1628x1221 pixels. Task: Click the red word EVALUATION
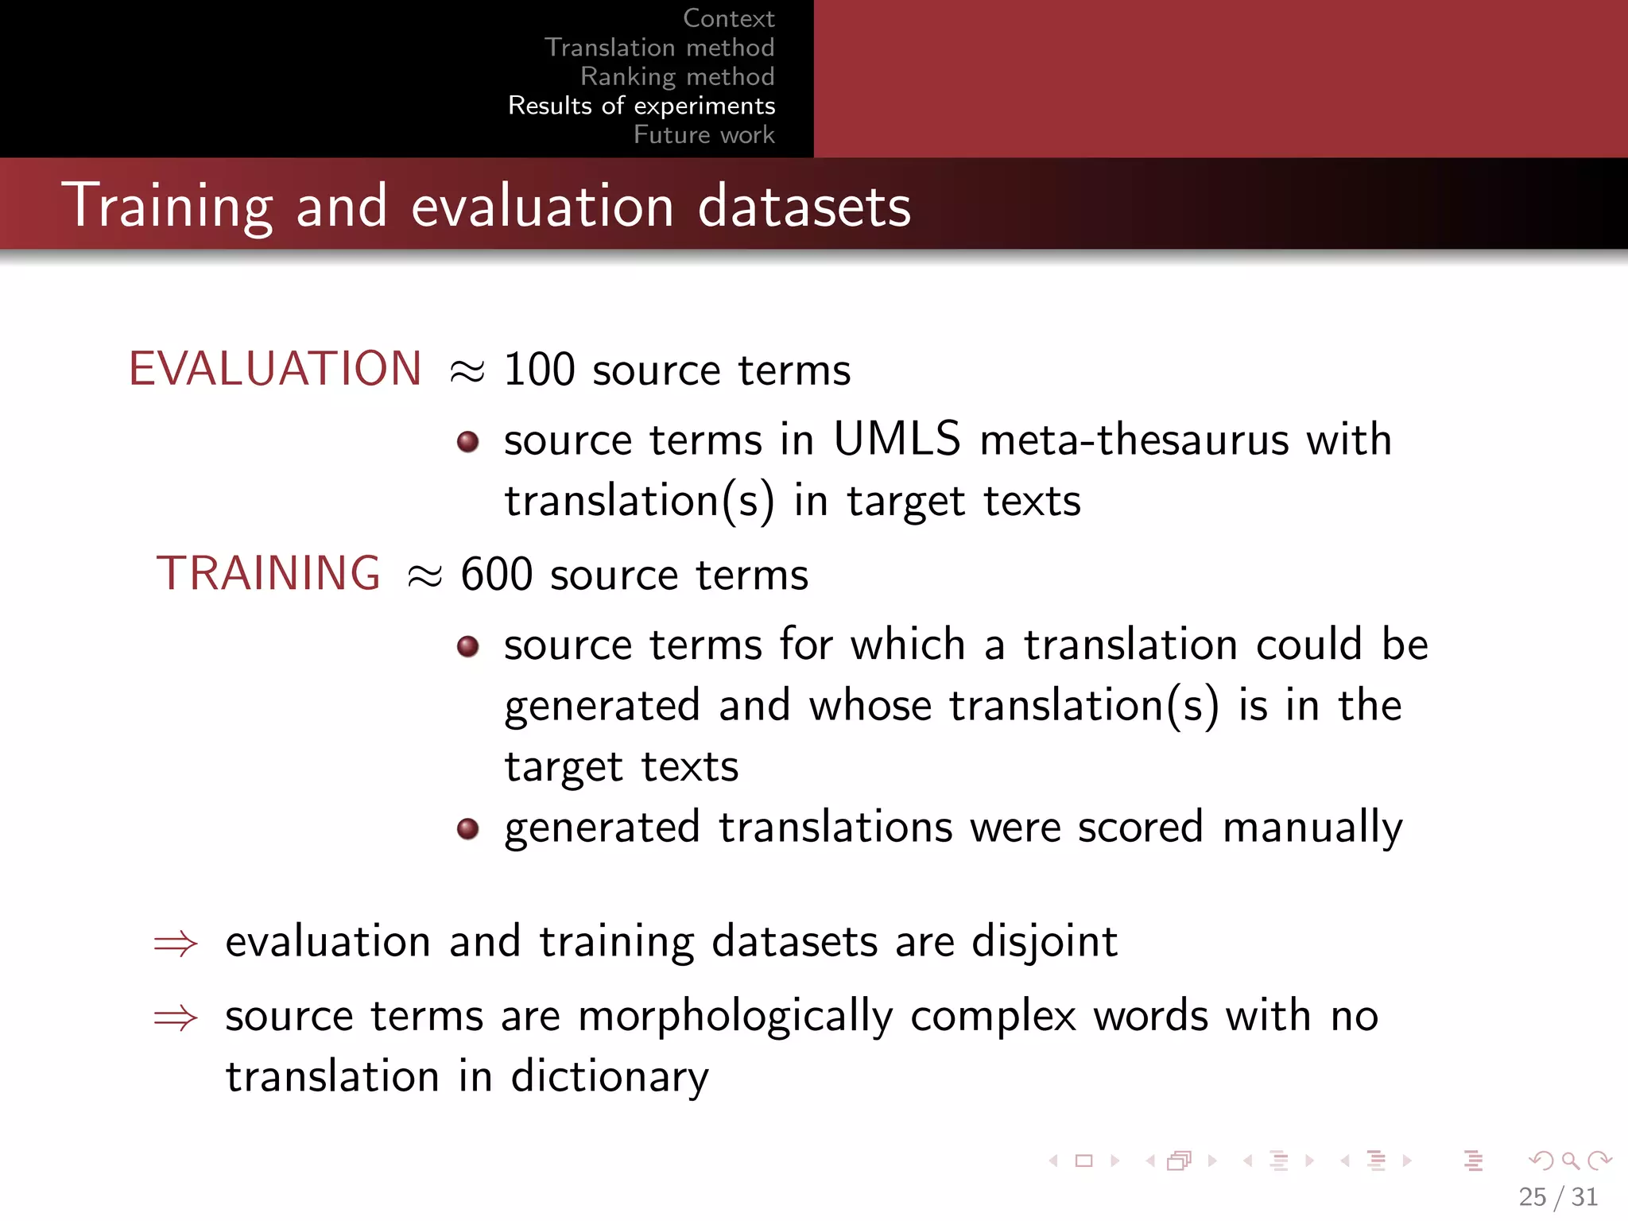pos(275,369)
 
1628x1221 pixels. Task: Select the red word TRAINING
pos(269,573)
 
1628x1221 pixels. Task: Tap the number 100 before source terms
pos(539,370)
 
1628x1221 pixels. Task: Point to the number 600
pos(497,575)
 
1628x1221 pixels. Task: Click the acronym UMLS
pos(897,439)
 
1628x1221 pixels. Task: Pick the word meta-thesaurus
pos(1134,440)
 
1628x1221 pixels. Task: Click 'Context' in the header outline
pos(728,18)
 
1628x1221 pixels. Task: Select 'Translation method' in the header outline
pos(659,48)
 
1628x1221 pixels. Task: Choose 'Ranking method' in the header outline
pos(677,76)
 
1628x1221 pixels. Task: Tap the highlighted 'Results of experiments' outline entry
pos(642,106)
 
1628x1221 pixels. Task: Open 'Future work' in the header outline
pos(704,134)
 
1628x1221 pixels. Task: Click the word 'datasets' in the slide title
pos(804,207)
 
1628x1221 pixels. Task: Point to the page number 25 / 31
pos(1558,1196)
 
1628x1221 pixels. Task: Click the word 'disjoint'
pos(1045,943)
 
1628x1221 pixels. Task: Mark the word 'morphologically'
pos(735,1017)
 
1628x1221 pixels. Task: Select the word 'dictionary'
pos(609,1078)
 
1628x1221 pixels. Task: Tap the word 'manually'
pos(1312,828)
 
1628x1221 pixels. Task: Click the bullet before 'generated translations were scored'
pos(468,829)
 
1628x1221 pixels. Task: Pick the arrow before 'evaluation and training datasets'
pos(176,944)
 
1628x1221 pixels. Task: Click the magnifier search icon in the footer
pos(1570,1161)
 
